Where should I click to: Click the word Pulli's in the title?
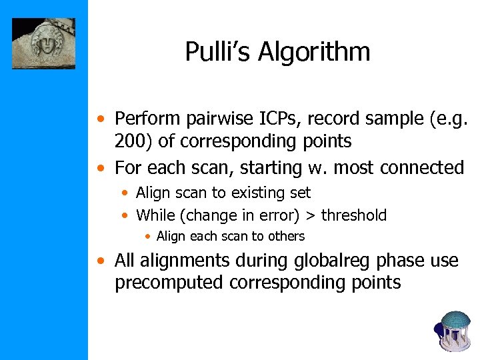[217, 52]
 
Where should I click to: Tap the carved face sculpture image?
[44, 43]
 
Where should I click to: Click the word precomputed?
[169, 283]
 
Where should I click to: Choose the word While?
[153, 215]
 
